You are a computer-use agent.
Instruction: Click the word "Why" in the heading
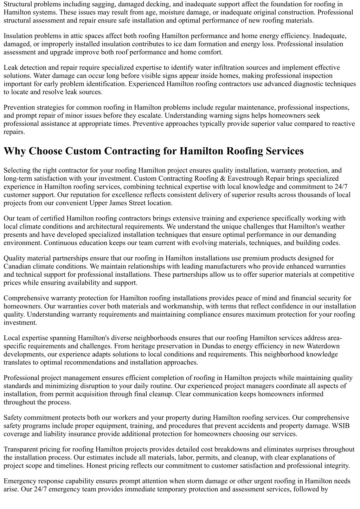point(15,151)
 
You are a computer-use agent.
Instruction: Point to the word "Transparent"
point(21,450)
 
